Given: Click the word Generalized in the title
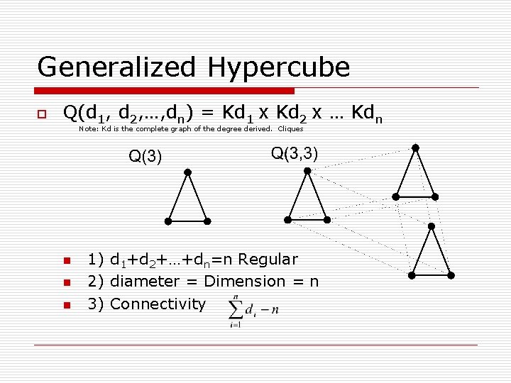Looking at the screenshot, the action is point(118,67).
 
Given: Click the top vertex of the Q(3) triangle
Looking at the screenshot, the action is point(187,172).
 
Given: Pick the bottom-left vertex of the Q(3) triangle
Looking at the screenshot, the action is point(168,221).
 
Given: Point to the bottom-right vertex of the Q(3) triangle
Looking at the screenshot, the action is point(207,221).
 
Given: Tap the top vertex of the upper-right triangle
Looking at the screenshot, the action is point(415,148).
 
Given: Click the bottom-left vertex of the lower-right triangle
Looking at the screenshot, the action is point(413,275).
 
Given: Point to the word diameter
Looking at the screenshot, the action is point(145,282).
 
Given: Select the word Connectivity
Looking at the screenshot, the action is point(158,304).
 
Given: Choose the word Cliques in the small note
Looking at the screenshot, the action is point(290,129).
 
